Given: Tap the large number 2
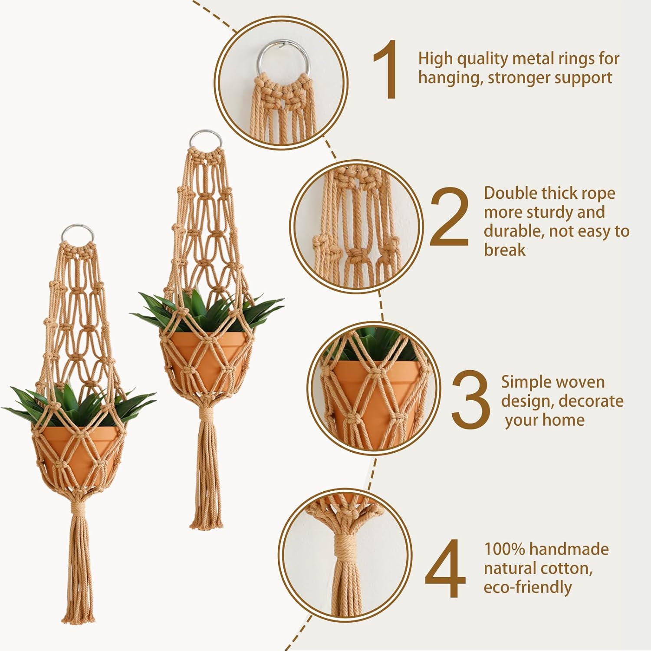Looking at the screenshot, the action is [450, 216].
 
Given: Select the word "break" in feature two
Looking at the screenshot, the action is [505, 250].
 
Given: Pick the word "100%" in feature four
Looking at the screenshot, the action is [504, 549].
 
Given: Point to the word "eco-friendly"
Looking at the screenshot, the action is [528, 587].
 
